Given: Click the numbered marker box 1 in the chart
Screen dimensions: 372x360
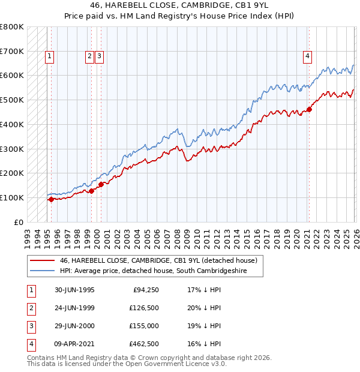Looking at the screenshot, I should pos(49,57).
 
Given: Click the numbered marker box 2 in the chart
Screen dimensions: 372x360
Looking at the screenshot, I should pos(89,57).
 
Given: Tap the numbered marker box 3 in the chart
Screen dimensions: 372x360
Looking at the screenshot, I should pos(100,57).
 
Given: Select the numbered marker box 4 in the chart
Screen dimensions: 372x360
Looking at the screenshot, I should pos(307,57).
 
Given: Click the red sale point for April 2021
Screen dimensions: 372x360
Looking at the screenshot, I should pos(309,109).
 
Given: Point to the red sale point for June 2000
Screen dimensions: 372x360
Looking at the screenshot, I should pos(101,184).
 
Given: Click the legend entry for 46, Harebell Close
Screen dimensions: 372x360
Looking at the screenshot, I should pos(158,260).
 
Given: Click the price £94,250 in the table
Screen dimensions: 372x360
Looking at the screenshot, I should pos(144,290).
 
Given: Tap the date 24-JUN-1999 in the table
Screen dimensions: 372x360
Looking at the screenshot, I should pos(74,308).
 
